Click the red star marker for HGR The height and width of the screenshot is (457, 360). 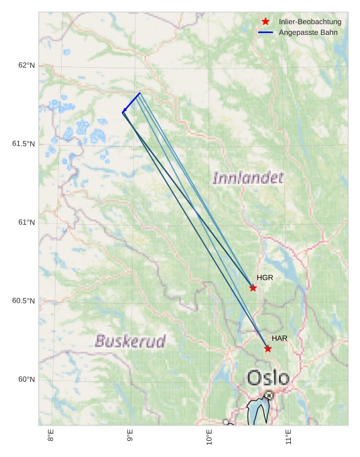point(253,288)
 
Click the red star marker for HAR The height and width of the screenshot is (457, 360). point(267,348)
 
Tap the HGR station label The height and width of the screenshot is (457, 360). point(265,277)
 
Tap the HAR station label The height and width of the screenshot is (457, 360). point(280,338)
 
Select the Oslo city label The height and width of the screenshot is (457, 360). point(268,378)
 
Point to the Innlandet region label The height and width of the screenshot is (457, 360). point(248,178)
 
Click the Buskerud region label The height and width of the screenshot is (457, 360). point(130,341)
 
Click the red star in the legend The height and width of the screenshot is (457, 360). point(265,21)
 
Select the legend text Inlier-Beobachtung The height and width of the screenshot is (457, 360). point(310,21)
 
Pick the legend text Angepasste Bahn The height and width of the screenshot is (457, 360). point(308,32)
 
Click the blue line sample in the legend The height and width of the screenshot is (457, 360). point(265,32)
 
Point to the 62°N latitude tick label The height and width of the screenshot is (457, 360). point(27,65)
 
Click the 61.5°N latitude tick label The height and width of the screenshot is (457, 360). point(23,144)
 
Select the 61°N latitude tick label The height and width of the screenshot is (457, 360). point(27,222)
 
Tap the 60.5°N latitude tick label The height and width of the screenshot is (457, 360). point(23,301)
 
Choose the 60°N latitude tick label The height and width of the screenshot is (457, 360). point(27,379)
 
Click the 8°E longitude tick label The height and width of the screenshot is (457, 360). point(51,436)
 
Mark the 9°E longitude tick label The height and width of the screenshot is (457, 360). point(130,436)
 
